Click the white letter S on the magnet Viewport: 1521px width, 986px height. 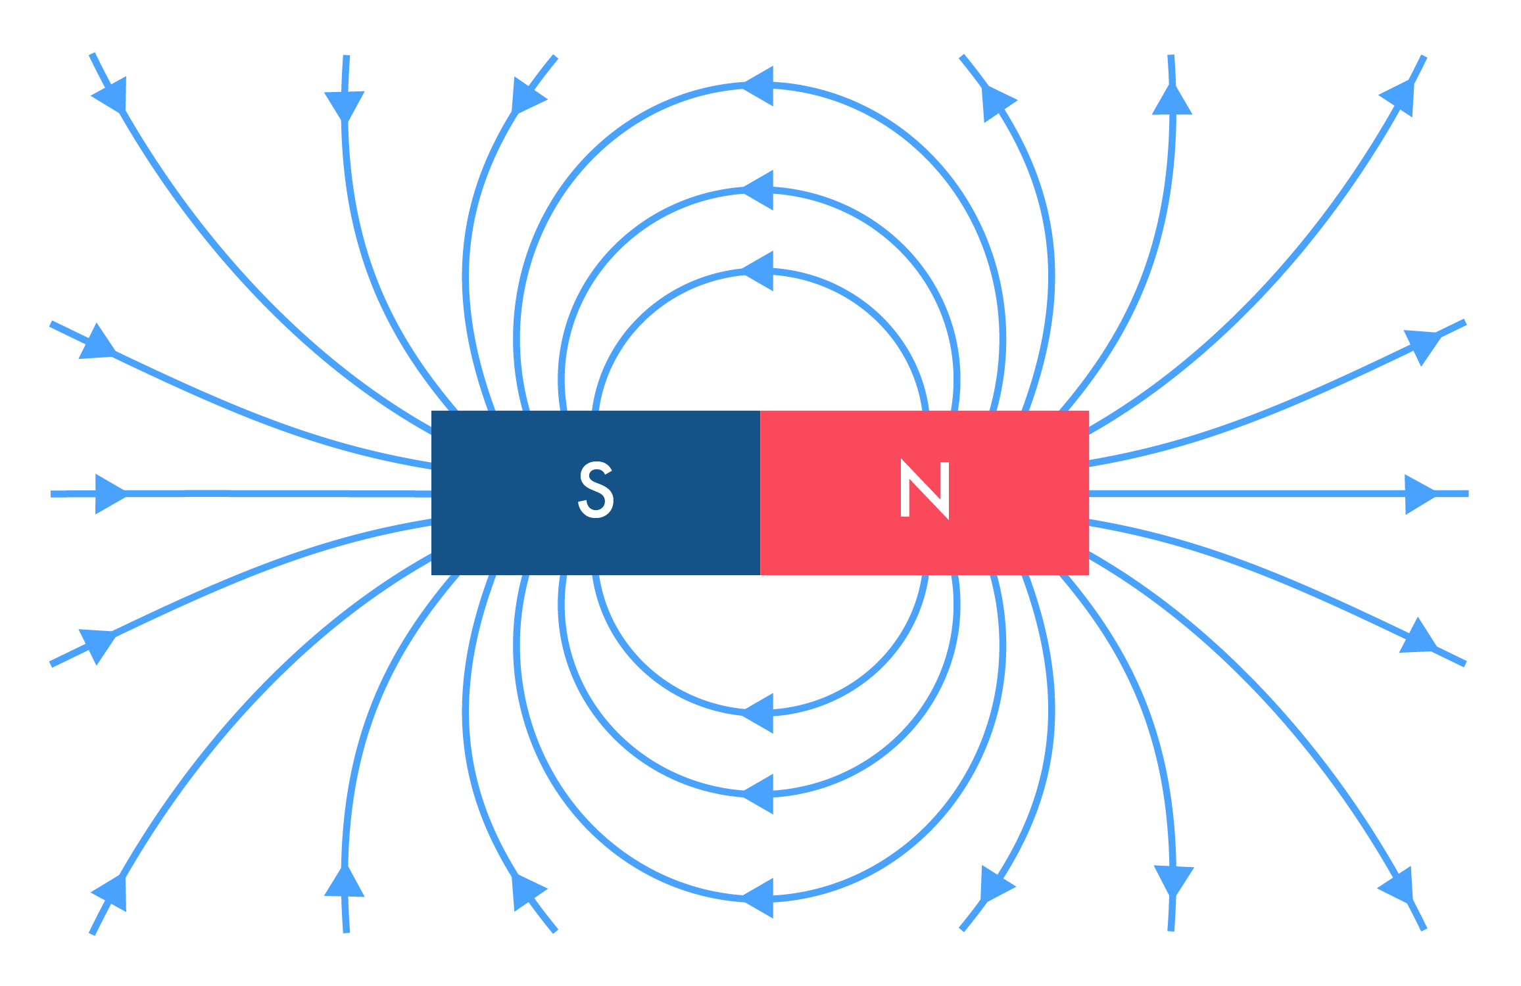coord(596,490)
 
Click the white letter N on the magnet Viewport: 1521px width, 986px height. coord(925,490)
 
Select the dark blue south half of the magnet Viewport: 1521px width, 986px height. coord(596,493)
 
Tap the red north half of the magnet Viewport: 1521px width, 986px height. coord(925,493)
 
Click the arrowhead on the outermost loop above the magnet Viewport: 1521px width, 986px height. coord(758,85)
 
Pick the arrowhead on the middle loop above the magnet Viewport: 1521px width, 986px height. coord(758,190)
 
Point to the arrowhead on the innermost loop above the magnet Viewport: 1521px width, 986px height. coord(758,271)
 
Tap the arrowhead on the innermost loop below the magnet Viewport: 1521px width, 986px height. coord(758,713)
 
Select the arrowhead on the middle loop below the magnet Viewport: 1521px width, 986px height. coord(758,794)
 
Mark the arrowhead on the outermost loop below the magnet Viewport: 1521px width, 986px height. coord(758,898)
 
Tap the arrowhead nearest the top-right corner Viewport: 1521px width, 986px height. coord(1395,98)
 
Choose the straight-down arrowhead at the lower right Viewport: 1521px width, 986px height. coord(1174,881)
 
